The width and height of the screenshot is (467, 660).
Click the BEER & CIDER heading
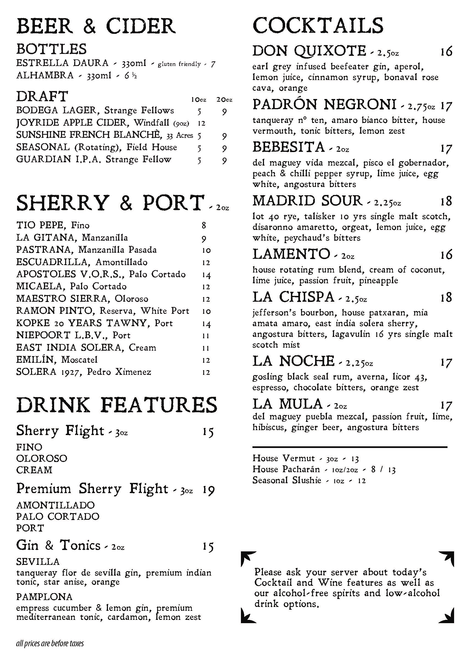(96, 26)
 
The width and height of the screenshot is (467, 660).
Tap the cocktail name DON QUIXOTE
(309, 51)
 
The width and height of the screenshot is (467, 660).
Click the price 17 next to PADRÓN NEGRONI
(446, 106)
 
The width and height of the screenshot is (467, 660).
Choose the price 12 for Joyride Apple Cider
(202, 123)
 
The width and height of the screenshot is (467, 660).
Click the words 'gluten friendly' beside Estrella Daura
(179, 64)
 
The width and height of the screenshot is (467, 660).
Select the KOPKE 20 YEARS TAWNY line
(94, 323)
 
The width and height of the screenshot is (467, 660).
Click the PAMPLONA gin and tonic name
(44, 597)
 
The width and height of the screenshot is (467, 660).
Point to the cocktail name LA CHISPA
(293, 297)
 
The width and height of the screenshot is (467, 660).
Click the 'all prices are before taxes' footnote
(50, 643)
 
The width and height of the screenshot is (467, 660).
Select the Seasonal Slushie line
(309, 480)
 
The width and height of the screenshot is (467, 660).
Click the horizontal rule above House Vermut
(350, 447)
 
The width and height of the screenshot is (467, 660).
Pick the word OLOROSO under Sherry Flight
(42, 458)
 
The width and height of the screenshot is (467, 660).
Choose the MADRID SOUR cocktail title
(307, 201)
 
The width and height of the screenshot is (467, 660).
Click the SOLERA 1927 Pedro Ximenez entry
(84, 372)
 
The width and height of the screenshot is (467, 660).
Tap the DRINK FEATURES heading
(116, 405)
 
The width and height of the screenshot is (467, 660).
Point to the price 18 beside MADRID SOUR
(446, 201)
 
